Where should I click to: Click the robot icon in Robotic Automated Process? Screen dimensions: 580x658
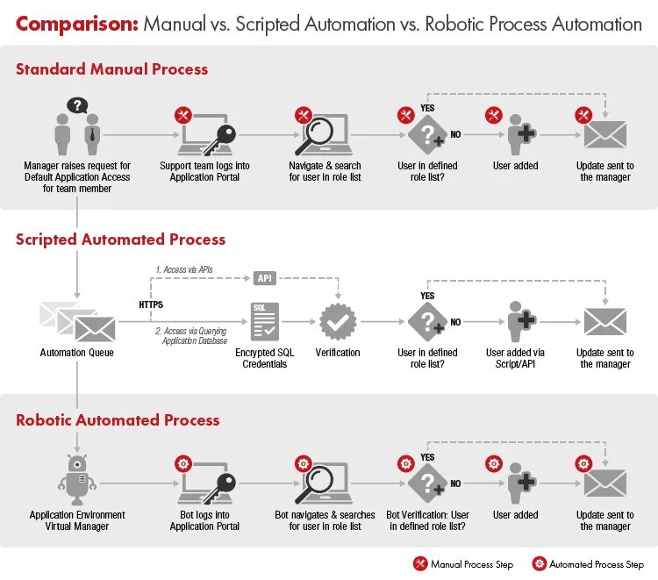[x=77, y=479]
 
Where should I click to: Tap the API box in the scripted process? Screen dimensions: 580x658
[x=265, y=278]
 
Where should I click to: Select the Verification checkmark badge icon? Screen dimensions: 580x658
[x=337, y=322]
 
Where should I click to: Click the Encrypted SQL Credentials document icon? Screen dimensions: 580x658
[x=264, y=322]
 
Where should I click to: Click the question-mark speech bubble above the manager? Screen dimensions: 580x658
[x=78, y=106]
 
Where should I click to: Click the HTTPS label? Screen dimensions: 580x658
[x=151, y=304]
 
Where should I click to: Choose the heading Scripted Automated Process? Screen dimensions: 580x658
[x=120, y=240]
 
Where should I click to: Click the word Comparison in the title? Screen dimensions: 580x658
[x=76, y=24]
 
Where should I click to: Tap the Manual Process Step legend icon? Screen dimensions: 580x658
[x=420, y=564]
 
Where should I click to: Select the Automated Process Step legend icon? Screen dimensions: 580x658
[x=540, y=564]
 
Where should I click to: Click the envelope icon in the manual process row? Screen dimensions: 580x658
[x=605, y=135]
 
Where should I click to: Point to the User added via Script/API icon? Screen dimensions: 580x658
[x=521, y=322]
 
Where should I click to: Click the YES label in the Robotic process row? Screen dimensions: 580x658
[x=427, y=457]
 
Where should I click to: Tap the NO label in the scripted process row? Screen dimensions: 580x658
[x=455, y=322]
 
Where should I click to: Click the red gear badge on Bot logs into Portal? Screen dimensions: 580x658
[x=183, y=462]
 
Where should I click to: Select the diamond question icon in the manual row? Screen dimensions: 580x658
[x=427, y=135]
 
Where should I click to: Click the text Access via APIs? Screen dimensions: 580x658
[x=184, y=269]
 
